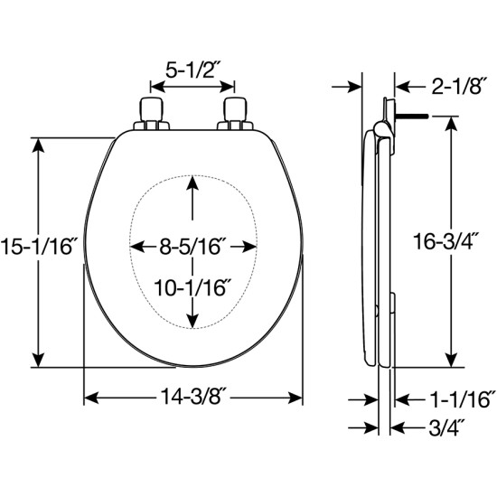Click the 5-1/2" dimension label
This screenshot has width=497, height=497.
pos(193,70)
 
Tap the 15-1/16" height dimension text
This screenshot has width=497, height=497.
pos(39,247)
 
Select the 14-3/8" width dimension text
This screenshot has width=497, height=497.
pos(193,396)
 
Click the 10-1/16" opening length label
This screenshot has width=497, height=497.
pos(192,287)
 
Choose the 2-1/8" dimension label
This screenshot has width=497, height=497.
pos(459,86)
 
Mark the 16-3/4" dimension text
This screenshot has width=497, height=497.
pos(446,242)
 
